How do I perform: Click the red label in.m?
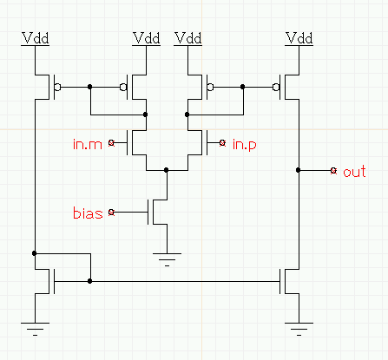click(x=88, y=144)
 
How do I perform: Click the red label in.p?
click(x=245, y=144)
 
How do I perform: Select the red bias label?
click(x=88, y=213)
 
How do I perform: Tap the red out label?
click(x=354, y=172)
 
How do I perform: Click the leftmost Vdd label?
click(x=36, y=38)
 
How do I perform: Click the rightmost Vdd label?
click(x=299, y=38)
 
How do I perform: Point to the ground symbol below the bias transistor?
click(x=167, y=259)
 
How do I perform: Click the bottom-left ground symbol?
click(x=36, y=329)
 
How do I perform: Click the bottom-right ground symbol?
click(x=299, y=329)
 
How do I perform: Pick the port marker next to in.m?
click(x=111, y=142)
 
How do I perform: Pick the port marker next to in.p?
click(x=222, y=142)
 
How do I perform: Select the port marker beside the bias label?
click(x=111, y=213)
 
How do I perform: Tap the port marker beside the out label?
click(x=333, y=171)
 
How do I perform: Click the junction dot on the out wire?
click(x=299, y=170)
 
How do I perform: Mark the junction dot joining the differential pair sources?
click(x=166, y=170)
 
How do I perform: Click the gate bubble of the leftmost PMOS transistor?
click(x=58, y=87)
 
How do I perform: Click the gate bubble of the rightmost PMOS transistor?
click(x=276, y=87)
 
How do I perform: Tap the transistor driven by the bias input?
click(x=158, y=212)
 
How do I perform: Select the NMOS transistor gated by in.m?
click(x=137, y=142)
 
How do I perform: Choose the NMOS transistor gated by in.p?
click(x=197, y=142)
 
